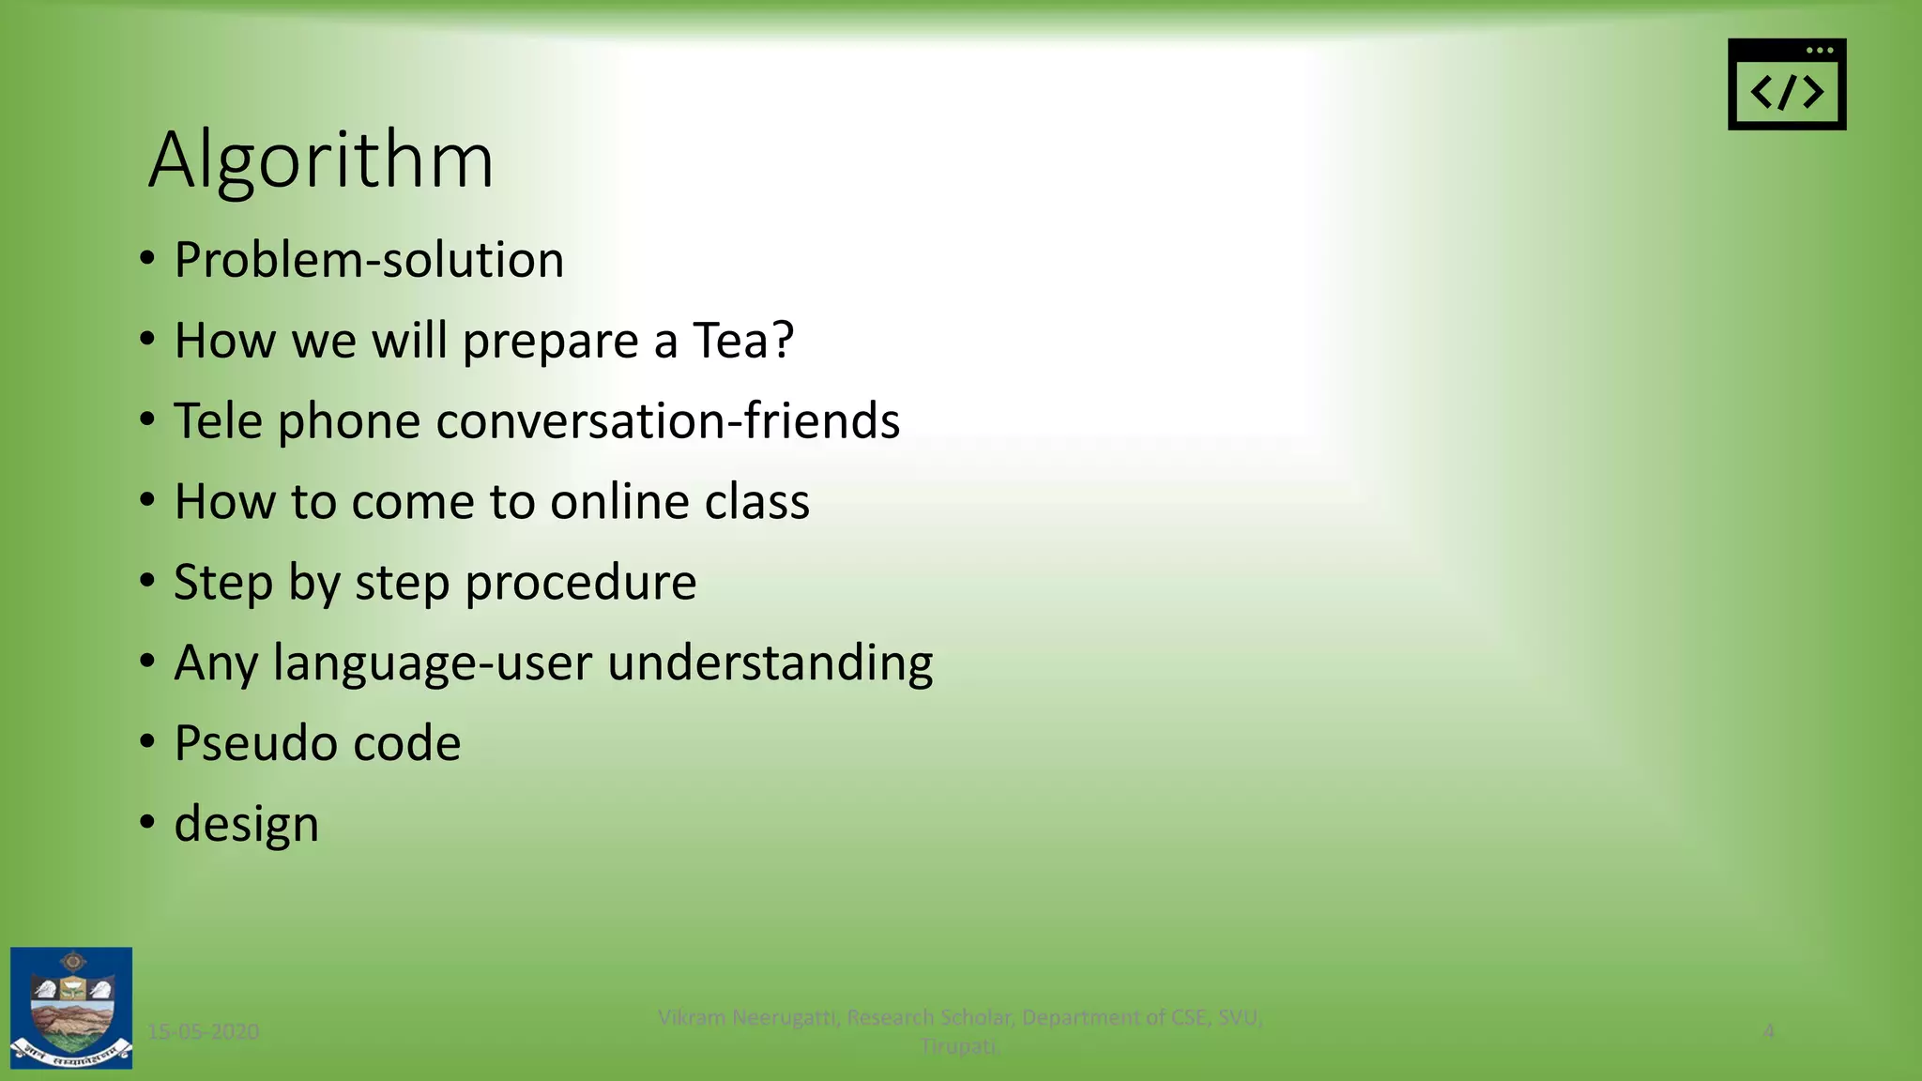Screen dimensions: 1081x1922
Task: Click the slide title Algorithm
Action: pos(321,160)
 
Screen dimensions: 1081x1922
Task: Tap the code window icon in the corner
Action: pos(1786,84)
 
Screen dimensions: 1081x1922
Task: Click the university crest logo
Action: pos(71,1008)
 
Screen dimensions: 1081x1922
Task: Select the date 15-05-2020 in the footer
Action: pos(204,1032)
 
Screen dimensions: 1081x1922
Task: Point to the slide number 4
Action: pos(1768,1031)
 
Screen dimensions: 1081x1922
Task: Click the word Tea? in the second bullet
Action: pos(743,340)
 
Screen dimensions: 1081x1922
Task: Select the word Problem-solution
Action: pos(369,260)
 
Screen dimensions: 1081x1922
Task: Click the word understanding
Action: pos(770,662)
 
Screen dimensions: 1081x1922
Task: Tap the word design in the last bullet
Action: pos(246,825)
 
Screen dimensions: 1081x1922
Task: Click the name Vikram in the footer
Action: pos(692,1017)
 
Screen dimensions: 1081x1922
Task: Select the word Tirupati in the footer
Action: pos(959,1046)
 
